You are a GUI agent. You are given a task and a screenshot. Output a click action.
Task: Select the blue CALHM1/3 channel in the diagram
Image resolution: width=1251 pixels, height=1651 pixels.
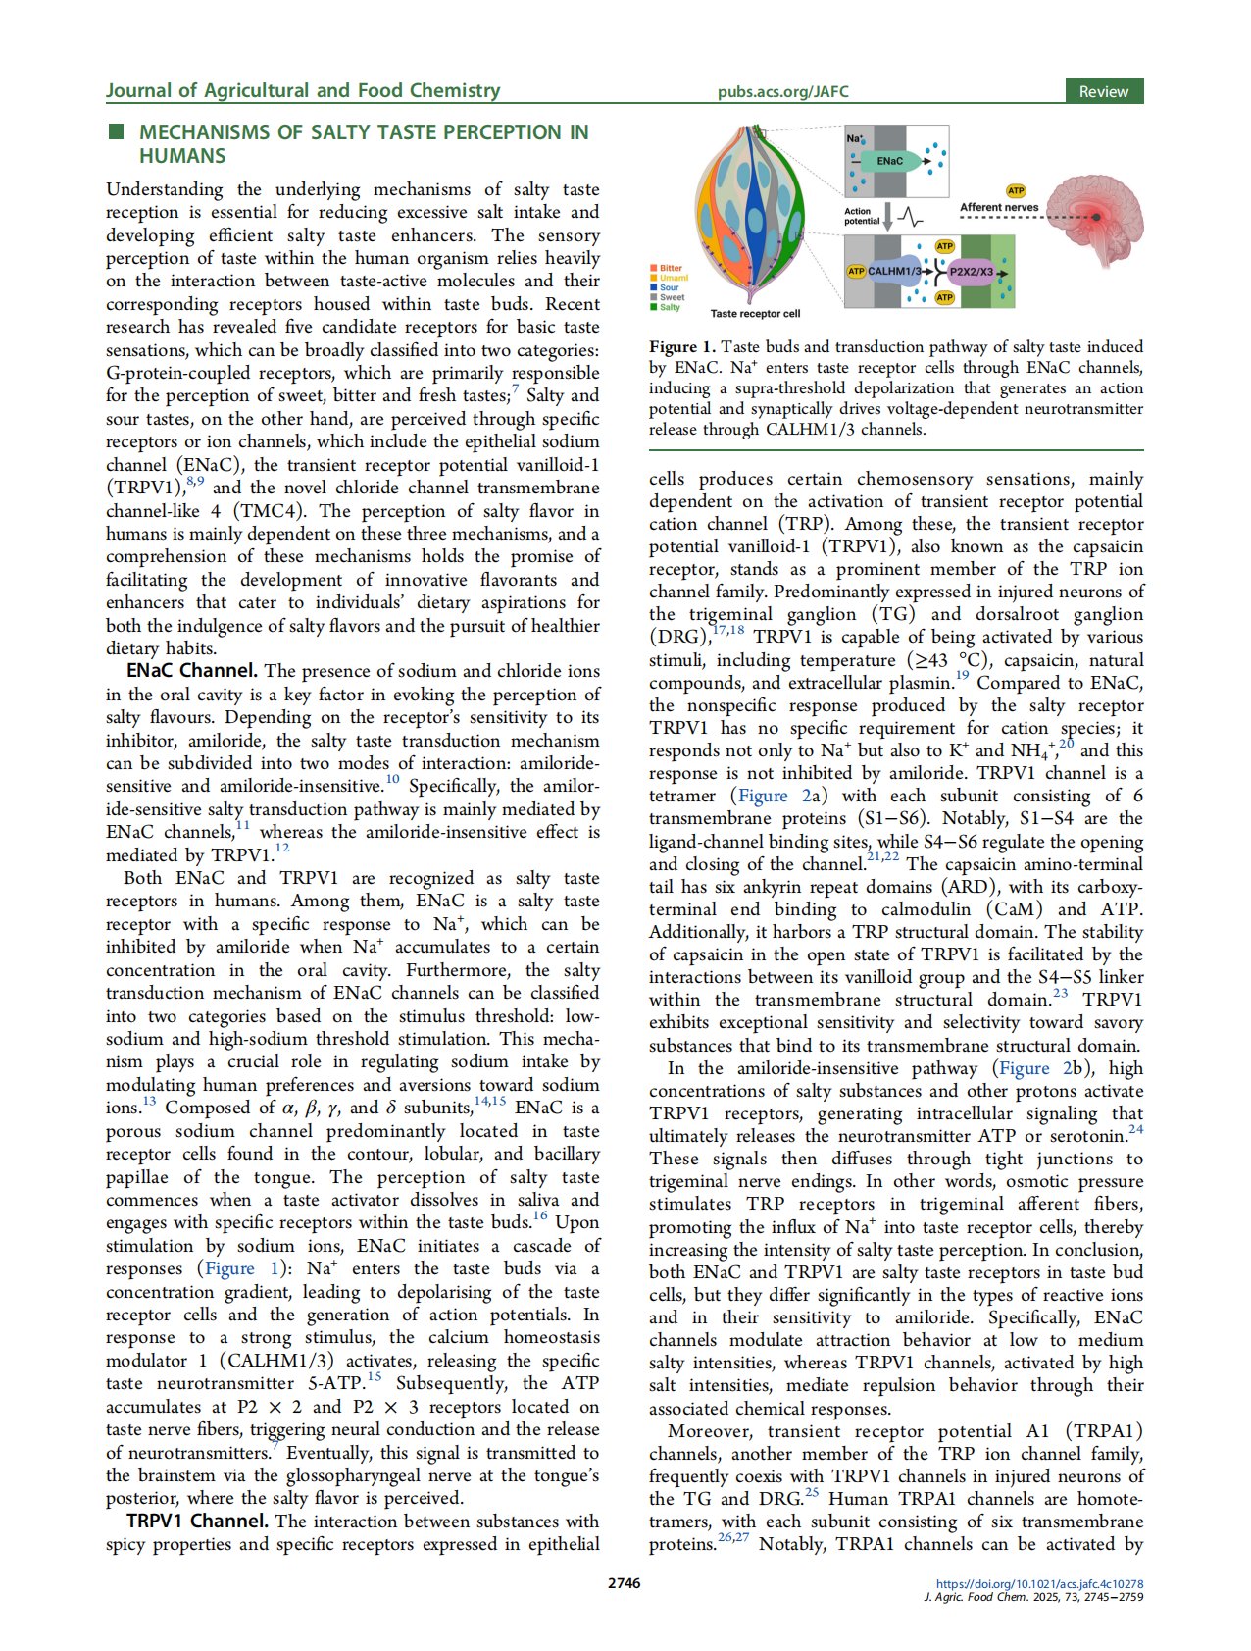pyautogui.click(x=893, y=271)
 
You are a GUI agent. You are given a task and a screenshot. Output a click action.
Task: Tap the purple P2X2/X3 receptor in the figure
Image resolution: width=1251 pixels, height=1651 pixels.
pyautogui.click(x=971, y=272)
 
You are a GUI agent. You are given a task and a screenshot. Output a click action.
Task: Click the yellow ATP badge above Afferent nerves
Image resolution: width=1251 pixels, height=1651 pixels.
pyautogui.click(x=1016, y=190)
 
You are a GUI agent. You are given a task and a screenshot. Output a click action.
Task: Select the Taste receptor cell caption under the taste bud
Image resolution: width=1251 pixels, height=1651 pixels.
pyautogui.click(x=755, y=314)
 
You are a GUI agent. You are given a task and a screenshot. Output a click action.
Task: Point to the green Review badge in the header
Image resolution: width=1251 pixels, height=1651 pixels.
pyautogui.click(x=1104, y=91)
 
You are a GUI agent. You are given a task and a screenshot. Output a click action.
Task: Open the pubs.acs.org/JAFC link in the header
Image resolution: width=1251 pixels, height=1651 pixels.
pyautogui.click(x=782, y=92)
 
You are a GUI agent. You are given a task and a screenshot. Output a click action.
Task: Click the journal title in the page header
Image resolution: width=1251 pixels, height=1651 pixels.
pyautogui.click(x=303, y=90)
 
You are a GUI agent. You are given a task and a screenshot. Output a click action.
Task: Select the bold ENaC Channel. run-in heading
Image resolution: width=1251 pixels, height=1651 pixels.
pyautogui.click(x=192, y=671)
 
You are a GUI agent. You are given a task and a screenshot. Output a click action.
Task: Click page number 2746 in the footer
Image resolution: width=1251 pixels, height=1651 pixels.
pyautogui.click(x=625, y=1582)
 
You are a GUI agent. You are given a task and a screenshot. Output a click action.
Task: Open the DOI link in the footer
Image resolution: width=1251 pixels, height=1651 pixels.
pyautogui.click(x=1039, y=1583)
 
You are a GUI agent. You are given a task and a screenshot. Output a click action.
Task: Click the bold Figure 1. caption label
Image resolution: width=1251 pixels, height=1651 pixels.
pyautogui.click(x=682, y=347)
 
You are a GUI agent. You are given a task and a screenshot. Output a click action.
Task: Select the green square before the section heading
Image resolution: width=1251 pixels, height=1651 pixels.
pyautogui.click(x=116, y=131)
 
